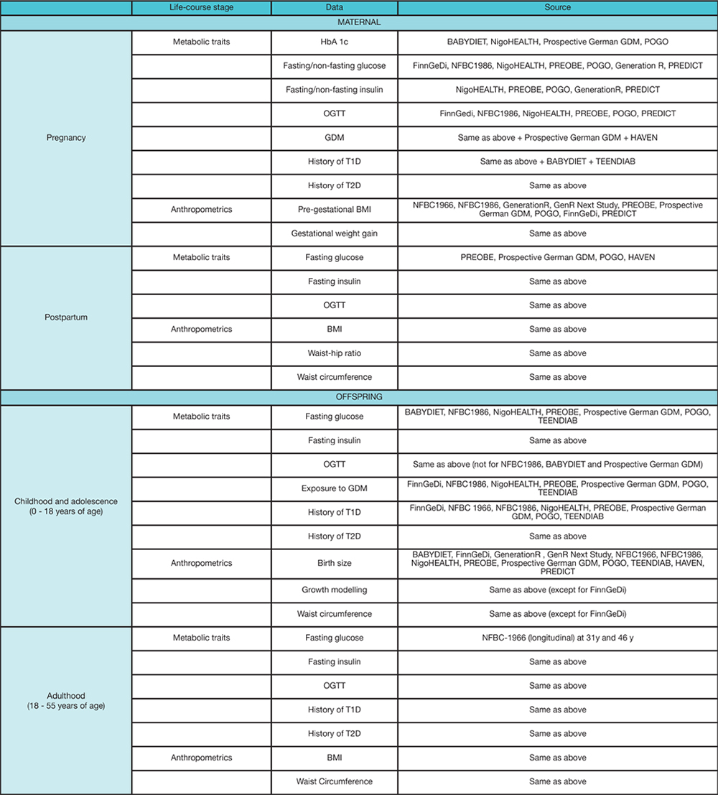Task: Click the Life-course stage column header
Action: (202, 7)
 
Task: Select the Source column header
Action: (557, 7)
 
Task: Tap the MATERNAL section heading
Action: (359, 22)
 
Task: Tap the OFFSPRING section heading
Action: (359, 396)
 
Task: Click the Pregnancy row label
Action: (65, 137)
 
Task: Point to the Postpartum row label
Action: (65, 317)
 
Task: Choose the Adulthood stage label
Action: (65, 710)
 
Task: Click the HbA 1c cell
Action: (335, 42)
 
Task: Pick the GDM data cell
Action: (335, 137)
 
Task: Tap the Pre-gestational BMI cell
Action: (335, 210)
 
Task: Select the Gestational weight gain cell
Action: (335, 233)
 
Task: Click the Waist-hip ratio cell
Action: (335, 353)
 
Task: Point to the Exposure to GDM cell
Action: (335, 488)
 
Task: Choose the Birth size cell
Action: (335, 564)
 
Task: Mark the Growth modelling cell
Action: (335, 590)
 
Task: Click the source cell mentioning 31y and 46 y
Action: (557, 638)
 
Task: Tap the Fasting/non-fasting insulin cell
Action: (335, 90)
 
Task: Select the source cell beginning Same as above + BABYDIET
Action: (557, 162)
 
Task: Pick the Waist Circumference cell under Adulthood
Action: (335, 781)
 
